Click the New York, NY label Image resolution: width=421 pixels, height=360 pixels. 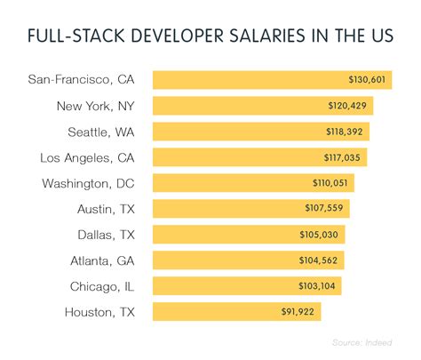96,106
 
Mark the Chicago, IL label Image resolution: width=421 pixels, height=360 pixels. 106,286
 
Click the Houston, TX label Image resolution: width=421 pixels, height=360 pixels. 103,312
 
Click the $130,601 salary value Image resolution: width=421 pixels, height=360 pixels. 368,80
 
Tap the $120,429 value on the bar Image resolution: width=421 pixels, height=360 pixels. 349,106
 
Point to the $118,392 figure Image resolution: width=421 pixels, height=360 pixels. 346,132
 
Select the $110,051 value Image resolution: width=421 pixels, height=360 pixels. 330,183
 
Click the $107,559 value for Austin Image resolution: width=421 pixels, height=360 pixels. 326,209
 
